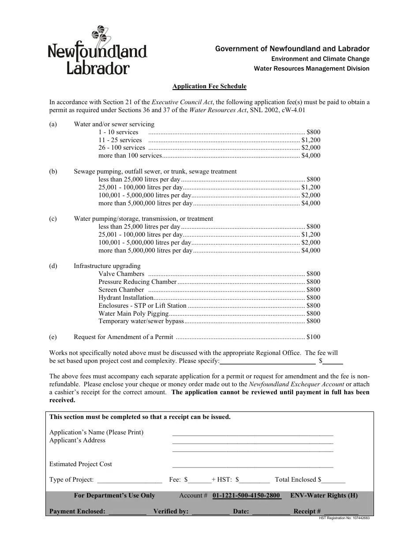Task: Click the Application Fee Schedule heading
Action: pyautogui.click(x=209, y=87)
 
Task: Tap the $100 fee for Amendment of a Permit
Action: pyautogui.click(x=313, y=337)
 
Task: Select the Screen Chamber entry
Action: pyautogui.click(x=121, y=290)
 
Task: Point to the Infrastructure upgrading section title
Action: pyautogui.click(x=107, y=266)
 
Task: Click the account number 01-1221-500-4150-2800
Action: pyautogui.click(x=247, y=495)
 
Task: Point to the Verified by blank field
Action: pyautogui.click(x=210, y=512)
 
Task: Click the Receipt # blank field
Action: pyautogui.click(x=340, y=512)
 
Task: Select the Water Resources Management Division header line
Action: pyautogui.click(x=311, y=68)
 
